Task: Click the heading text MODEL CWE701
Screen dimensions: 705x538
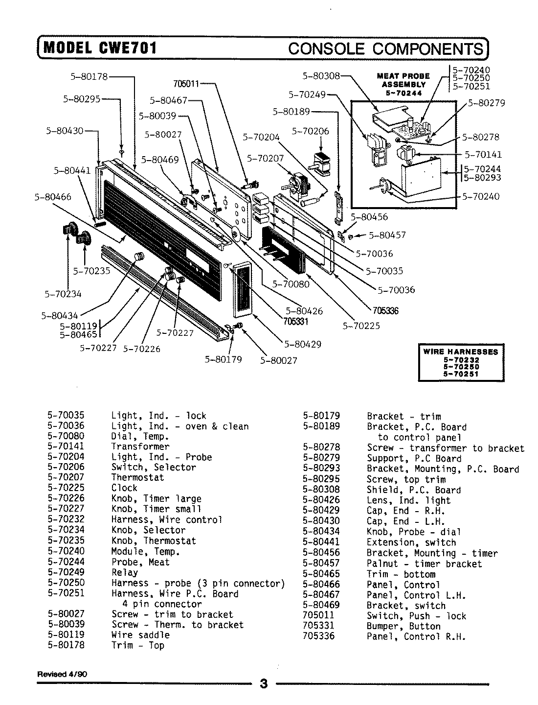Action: [100, 48]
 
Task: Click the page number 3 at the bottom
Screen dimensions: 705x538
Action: [264, 683]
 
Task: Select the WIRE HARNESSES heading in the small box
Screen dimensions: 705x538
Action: [461, 352]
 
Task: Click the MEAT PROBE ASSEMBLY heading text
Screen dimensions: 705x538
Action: [403, 80]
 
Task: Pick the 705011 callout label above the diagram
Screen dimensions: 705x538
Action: [186, 83]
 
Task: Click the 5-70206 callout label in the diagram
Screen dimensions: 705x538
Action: [311, 131]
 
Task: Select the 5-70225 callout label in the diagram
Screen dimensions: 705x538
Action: [361, 326]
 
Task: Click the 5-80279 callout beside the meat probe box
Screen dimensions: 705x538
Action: [486, 103]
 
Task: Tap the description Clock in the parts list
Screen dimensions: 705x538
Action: [124, 488]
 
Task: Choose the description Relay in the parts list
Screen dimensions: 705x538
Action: [125, 572]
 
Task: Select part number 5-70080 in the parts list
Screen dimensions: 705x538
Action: [66, 436]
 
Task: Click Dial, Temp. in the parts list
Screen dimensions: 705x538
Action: [140, 436]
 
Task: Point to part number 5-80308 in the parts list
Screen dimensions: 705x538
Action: [321, 490]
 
